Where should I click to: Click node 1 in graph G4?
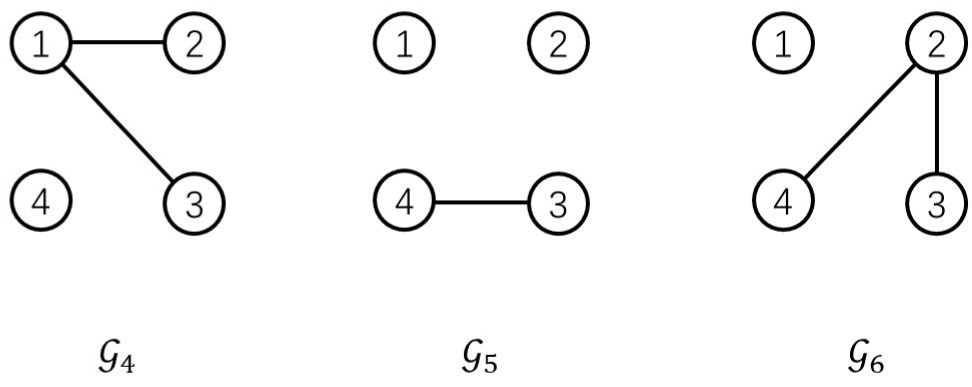coord(41,43)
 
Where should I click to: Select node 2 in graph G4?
coord(194,43)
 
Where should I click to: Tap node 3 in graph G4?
coord(194,203)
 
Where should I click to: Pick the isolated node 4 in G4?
coord(41,201)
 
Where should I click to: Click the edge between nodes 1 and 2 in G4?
coord(118,42)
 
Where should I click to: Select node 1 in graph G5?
coord(404,43)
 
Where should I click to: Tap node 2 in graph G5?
coord(558,43)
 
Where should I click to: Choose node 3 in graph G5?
coord(558,203)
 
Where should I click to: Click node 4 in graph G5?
coord(404,201)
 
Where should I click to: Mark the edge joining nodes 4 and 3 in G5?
coord(481,202)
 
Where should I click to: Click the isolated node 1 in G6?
coord(783,43)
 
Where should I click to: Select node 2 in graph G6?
coord(937,43)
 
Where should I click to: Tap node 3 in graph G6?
coord(937,203)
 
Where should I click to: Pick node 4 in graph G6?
coord(783,201)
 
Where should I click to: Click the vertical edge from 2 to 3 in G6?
coord(937,123)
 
